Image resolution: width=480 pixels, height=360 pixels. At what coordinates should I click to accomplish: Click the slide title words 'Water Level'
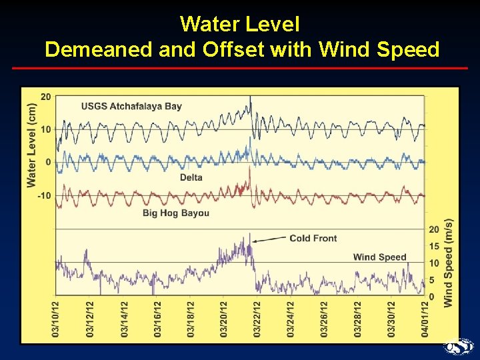240,25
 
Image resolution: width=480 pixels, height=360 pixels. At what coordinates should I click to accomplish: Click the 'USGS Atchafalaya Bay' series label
131,106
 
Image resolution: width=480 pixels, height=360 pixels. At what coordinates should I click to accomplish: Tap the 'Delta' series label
191,177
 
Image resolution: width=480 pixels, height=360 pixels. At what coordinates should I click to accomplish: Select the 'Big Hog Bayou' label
176,213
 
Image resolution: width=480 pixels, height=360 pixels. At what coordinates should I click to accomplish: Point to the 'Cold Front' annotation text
313,238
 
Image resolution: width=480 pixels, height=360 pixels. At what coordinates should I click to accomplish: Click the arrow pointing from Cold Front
269,239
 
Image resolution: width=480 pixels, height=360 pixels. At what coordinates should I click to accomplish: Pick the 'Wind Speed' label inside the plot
379,257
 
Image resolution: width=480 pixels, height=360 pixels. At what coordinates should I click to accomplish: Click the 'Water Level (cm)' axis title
31,145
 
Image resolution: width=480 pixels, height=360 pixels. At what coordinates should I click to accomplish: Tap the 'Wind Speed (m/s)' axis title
449,263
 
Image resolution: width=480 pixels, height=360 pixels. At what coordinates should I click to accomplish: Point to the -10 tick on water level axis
43,195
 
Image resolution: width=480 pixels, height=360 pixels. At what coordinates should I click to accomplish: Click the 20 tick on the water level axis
45,97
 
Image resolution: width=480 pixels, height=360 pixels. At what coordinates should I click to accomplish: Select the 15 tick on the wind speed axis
434,247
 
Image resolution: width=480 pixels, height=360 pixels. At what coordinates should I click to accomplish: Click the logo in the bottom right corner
459,347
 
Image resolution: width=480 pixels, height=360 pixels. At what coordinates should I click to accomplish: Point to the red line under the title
240,68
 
